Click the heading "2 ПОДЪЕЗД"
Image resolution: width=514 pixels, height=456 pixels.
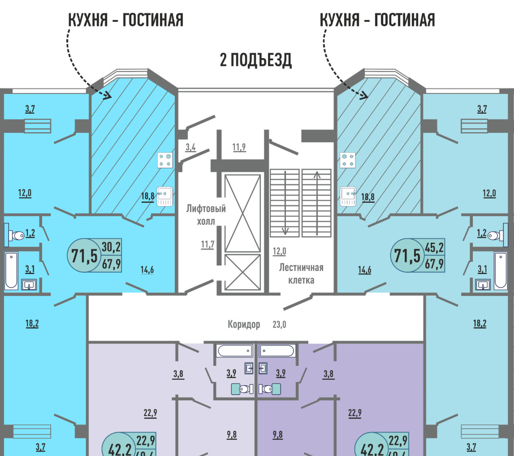256,60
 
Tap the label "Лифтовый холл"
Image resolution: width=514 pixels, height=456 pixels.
206,215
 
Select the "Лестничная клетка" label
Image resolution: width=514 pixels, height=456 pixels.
301,273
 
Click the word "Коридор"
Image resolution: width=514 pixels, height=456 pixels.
244,325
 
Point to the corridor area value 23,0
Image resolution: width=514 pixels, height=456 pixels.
279,325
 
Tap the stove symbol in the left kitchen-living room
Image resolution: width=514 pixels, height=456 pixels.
165,160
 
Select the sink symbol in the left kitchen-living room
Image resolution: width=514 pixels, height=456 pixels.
164,196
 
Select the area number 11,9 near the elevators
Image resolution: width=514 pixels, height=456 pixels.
239,147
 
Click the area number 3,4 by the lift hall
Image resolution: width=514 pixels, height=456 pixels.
190,147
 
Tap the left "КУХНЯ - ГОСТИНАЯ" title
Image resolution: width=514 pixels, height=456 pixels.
126,20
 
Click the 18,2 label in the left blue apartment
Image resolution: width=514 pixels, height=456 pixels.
32,323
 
